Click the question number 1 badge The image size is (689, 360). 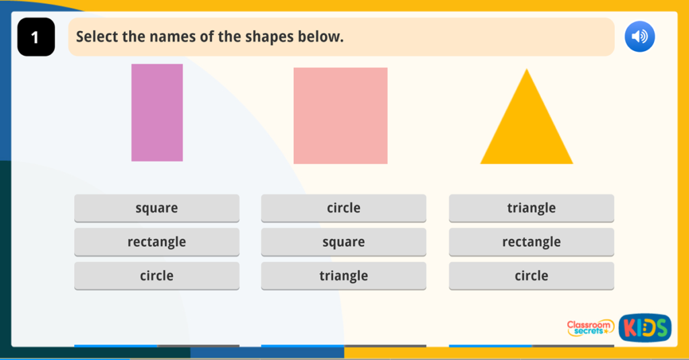pyautogui.click(x=36, y=37)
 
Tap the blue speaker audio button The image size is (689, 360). pyautogui.click(x=639, y=36)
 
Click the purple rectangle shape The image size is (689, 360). pyautogui.click(x=157, y=112)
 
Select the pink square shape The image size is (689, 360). pyautogui.click(x=340, y=115)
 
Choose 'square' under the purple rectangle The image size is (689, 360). pyautogui.click(x=157, y=208)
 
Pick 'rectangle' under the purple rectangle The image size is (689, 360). pyautogui.click(x=157, y=242)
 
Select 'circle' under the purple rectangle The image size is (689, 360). pyautogui.click(x=157, y=276)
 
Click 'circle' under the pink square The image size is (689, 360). pyautogui.click(x=344, y=208)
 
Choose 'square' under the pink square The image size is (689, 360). pyautogui.click(x=344, y=242)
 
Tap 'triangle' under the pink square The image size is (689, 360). pyautogui.click(x=344, y=276)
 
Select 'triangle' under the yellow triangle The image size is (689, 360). pyautogui.click(x=532, y=208)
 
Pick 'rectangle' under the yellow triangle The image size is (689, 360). pyautogui.click(x=532, y=242)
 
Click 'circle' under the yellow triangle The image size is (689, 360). pyautogui.click(x=532, y=276)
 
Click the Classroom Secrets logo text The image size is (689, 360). pyautogui.click(x=590, y=328)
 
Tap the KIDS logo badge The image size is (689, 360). pyautogui.click(x=645, y=328)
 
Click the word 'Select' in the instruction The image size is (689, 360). pyautogui.click(x=96, y=36)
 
